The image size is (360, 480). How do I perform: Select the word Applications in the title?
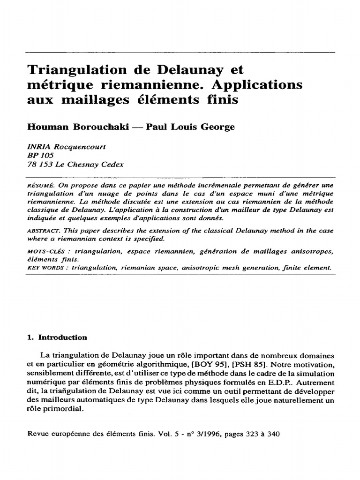tap(262, 85)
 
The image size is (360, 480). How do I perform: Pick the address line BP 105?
tap(41, 156)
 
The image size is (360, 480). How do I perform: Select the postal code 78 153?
tap(39, 164)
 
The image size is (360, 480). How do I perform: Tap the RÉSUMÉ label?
tap(42, 186)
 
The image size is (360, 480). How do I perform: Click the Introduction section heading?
tap(62, 337)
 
